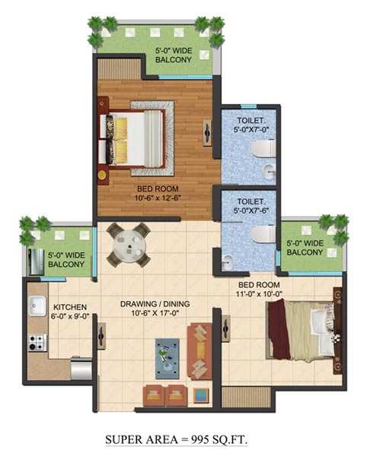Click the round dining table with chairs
(127, 245)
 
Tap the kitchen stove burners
(35, 342)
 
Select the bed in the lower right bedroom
(300, 328)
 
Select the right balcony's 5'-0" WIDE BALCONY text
(307, 248)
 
